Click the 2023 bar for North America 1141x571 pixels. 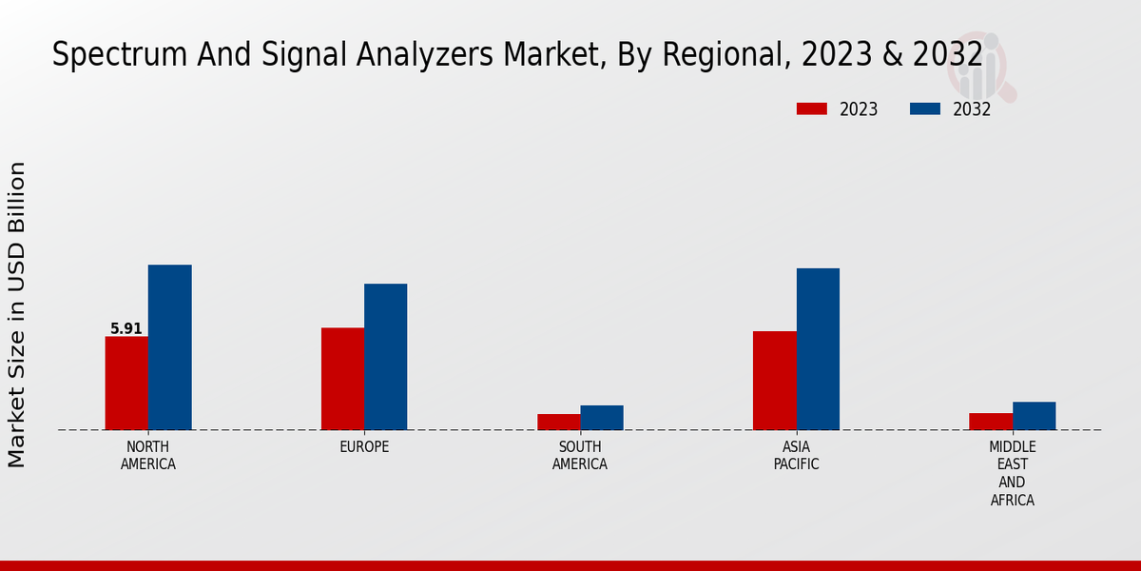click(126, 383)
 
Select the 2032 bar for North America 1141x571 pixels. click(169, 347)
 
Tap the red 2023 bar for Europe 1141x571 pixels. click(342, 379)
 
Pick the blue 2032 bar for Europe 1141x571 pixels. click(385, 357)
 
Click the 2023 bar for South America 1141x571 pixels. click(558, 422)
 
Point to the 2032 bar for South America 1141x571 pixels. click(602, 418)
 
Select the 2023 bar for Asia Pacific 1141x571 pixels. click(774, 381)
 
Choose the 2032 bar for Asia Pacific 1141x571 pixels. click(818, 349)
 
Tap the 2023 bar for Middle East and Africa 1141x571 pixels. click(991, 422)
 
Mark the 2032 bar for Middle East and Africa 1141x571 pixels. click(1034, 416)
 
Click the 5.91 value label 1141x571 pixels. click(126, 329)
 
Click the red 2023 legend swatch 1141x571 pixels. click(811, 109)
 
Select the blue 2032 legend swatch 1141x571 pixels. click(924, 109)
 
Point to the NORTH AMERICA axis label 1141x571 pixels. click(148, 456)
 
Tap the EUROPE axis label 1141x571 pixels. click(364, 447)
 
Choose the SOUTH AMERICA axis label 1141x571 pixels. click(580, 456)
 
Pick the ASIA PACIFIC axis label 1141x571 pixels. click(796, 456)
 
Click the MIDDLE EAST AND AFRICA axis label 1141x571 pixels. click(1012, 474)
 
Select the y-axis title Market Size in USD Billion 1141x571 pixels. click(17, 314)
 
